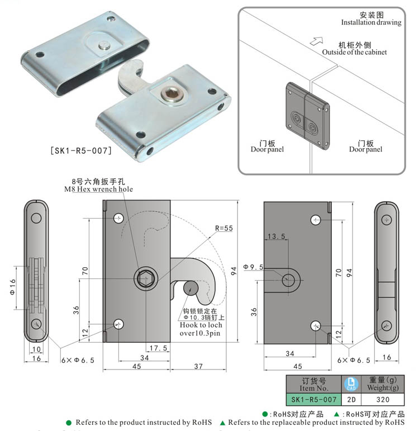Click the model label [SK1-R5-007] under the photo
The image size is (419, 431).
[x=80, y=150]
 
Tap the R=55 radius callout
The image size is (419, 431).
[x=226, y=229]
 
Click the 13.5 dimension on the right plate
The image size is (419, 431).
[x=277, y=236]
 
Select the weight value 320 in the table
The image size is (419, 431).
[x=383, y=400]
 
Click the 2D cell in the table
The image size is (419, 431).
[x=351, y=400]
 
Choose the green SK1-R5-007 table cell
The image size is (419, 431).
[x=313, y=400]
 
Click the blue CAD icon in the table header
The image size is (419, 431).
[x=351, y=383]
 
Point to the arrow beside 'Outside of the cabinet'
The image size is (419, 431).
[x=317, y=41]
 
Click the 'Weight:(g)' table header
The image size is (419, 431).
[x=383, y=388]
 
